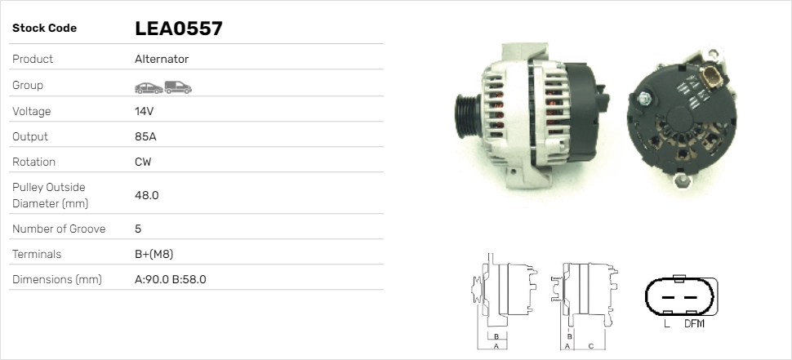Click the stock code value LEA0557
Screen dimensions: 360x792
pos(178,29)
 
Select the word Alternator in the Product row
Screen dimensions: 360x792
pos(162,59)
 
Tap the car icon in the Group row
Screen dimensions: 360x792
pos(148,87)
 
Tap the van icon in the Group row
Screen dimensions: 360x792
pos(177,87)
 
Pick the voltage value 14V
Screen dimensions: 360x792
pos(144,111)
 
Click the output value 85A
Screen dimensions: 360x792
pos(145,136)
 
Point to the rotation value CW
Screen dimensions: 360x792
pos(143,162)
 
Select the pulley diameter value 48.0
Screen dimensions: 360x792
pos(146,195)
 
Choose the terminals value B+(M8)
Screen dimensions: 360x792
pos(154,254)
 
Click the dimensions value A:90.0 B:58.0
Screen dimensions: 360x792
pos(170,279)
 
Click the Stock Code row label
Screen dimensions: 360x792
pos(44,29)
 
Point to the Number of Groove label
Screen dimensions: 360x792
pos(59,229)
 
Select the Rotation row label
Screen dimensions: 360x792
pos(35,162)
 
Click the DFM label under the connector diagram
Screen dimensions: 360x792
pos(694,324)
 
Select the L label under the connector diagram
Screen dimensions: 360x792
pos(666,324)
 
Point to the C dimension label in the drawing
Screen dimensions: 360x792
pos(590,345)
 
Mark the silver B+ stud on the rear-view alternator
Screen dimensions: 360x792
pos(643,99)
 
